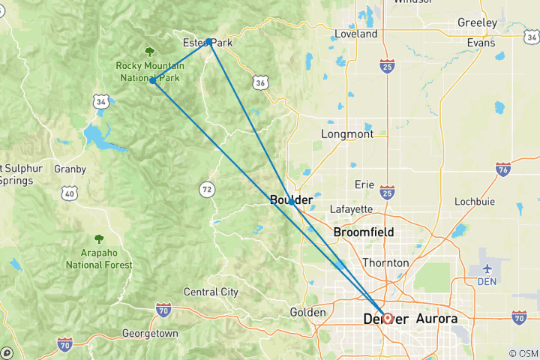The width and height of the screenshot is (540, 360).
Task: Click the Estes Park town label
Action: [x=208, y=43]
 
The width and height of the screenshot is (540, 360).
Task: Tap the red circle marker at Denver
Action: [x=387, y=318]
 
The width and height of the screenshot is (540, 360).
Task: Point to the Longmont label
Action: [x=346, y=134]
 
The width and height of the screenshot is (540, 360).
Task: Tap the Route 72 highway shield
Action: [x=206, y=189]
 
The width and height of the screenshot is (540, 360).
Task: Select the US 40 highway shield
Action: [x=70, y=193]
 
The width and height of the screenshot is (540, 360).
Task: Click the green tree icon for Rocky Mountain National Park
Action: [x=149, y=51]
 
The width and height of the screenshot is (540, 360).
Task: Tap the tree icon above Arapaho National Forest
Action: [x=98, y=239]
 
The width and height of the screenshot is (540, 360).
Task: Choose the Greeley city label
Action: [x=477, y=23]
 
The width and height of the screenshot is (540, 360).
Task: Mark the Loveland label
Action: [x=356, y=34]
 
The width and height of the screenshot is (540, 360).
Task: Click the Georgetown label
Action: [x=151, y=333]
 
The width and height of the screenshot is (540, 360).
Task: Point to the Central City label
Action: [x=211, y=292]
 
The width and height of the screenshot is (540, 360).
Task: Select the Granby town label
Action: [x=70, y=169]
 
